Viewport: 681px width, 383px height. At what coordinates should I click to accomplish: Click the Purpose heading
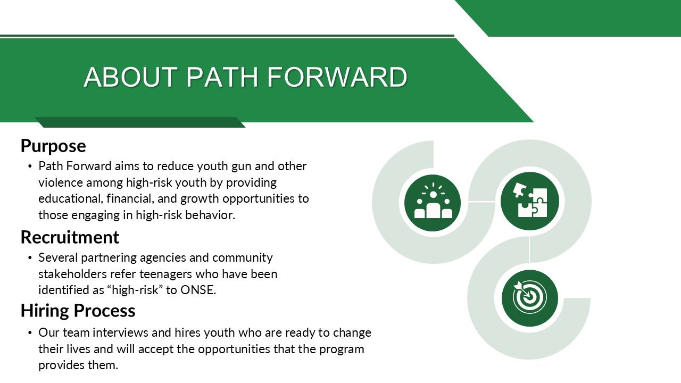point(53,146)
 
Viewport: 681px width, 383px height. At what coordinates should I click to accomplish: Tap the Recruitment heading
point(70,237)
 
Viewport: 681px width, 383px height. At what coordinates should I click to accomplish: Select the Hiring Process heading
point(78,311)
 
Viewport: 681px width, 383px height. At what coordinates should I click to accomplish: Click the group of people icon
point(433,202)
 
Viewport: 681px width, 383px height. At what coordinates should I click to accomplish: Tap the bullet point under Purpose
point(30,166)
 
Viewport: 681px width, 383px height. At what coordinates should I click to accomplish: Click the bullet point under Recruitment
point(30,258)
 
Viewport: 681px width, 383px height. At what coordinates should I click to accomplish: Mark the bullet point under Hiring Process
point(30,333)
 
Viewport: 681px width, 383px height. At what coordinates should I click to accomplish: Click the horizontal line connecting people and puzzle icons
point(481,202)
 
